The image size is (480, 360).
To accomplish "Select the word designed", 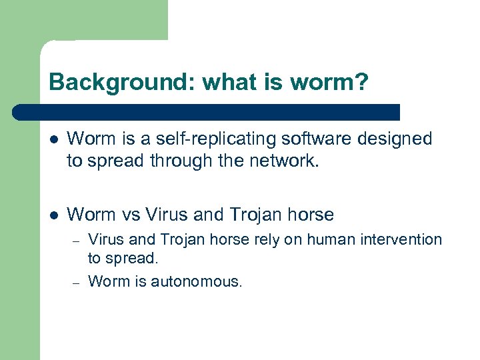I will coord(400,139).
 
